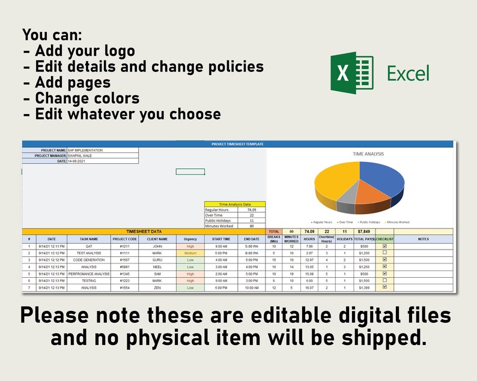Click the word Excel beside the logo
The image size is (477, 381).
(x=408, y=73)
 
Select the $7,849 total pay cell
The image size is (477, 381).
(x=364, y=231)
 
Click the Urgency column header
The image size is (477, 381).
(x=190, y=239)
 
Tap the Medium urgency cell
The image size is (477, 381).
(x=190, y=253)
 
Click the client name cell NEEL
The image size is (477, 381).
(x=157, y=266)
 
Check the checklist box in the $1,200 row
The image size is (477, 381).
(x=384, y=253)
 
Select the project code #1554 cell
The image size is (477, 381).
(x=124, y=287)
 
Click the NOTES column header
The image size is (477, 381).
(x=423, y=239)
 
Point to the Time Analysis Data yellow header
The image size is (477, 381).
(x=234, y=204)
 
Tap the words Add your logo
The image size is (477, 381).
(x=85, y=51)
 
